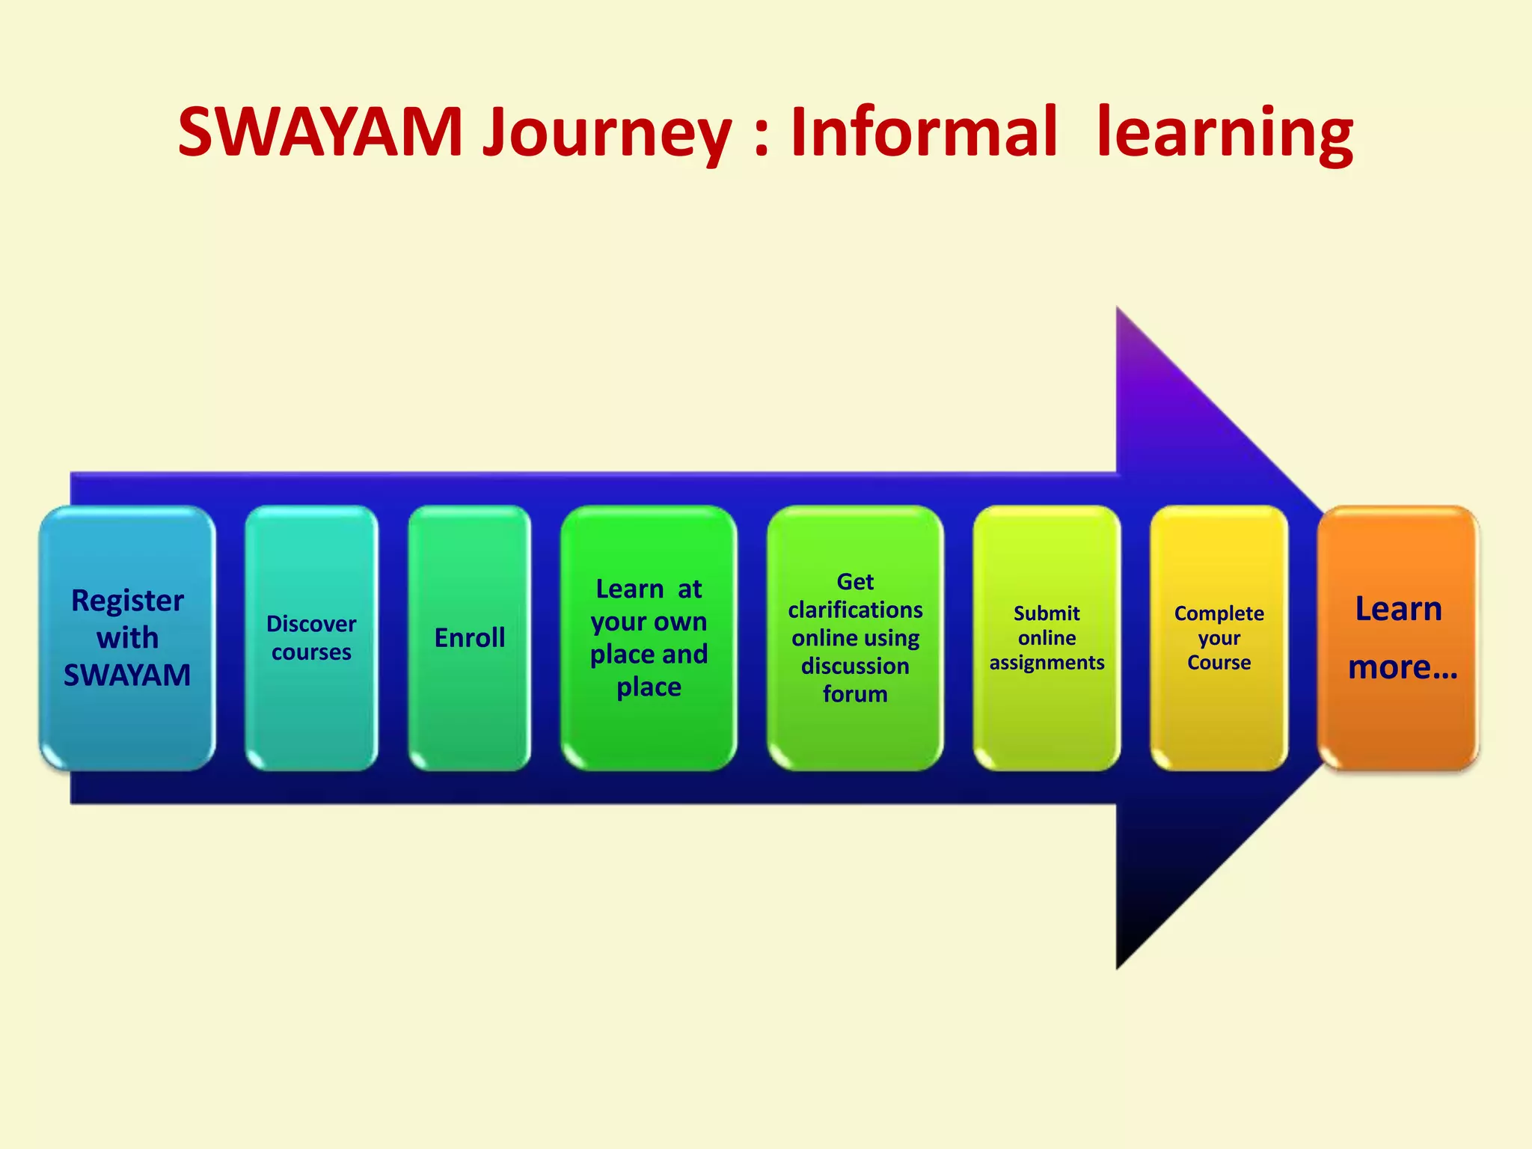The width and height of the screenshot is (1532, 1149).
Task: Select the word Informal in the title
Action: pos(924,132)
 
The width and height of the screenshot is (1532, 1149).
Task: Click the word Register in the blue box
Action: pos(127,601)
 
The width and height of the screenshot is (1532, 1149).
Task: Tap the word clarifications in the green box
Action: pos(855,610)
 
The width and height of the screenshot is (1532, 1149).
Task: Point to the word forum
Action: pos(855,694)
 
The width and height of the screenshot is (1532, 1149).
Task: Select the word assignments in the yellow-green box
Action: pos(1047,663)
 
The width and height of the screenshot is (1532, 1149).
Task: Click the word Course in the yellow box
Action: pos(1219,663)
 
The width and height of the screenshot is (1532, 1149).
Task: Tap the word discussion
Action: pos(855,666)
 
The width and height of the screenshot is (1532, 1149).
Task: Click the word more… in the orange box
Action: pos(1403,667)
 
